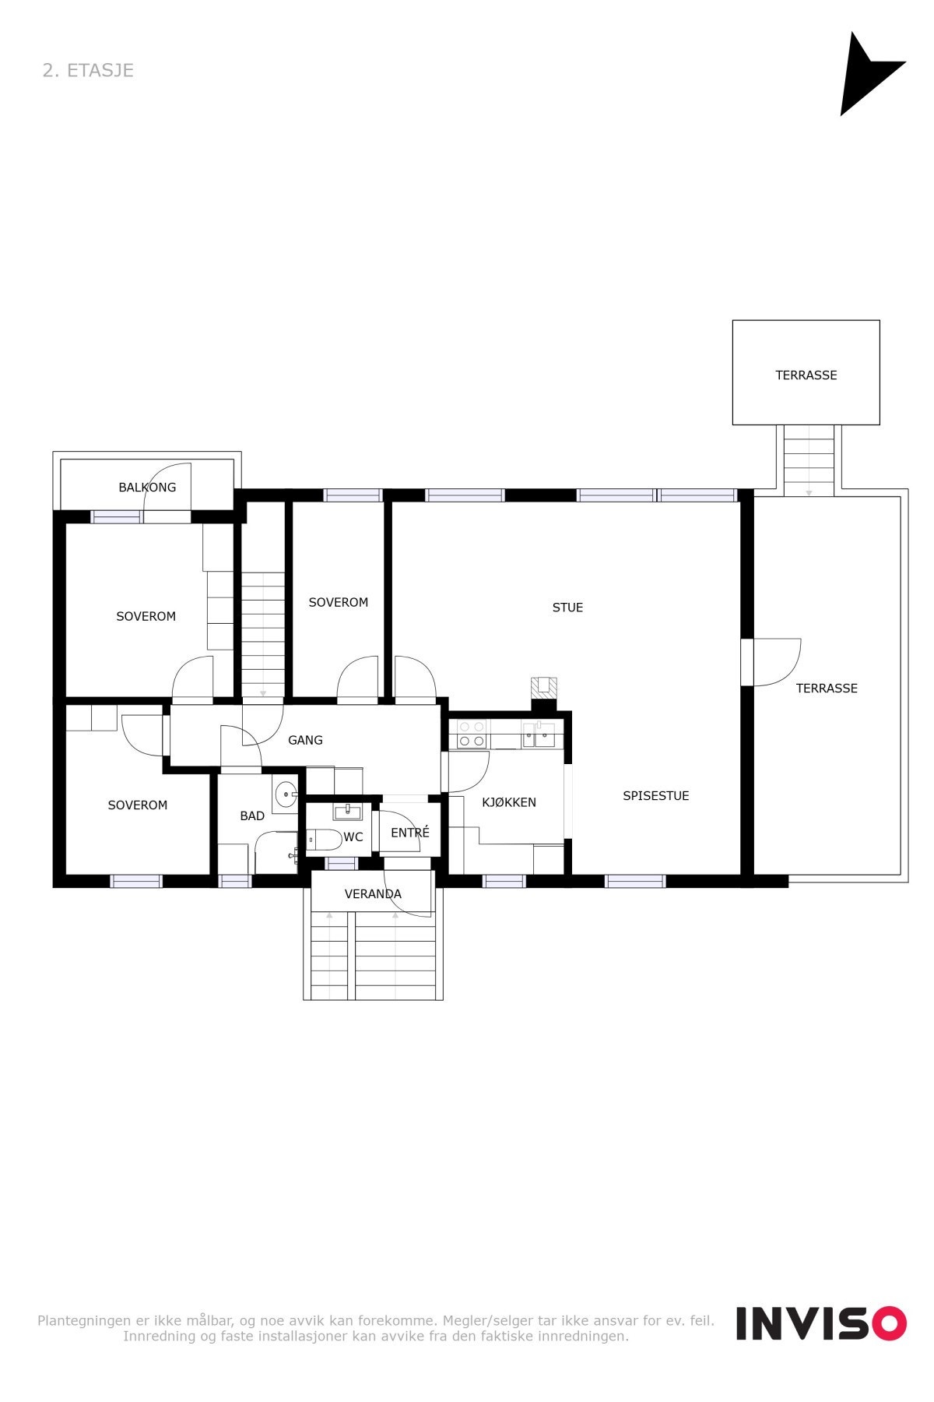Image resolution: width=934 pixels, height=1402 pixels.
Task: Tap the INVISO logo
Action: pyautogui.click(x=821, y=1323)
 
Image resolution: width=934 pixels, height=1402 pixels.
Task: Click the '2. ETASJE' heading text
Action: pyautogui.click(x=88, y=70)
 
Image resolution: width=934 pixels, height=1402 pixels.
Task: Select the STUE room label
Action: pyautogui.click(x=567, y=608)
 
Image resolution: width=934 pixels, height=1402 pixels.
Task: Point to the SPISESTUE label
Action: pyautogui.click(x=655, y=795)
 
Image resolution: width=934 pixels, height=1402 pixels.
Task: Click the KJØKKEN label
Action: pyautogui.click(x=509, y=802)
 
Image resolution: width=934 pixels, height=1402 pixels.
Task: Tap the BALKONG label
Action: pyautogui.click(x=147, y=488)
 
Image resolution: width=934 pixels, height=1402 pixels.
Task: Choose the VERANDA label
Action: pyautogui.click(x=373, y=894)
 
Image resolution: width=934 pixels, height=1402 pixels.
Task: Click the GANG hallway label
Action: pyautogui.click(x=305, y=740)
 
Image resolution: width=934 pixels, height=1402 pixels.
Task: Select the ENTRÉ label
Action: pyautogui.click(x=410, y=833)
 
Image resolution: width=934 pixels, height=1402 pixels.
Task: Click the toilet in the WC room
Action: pyautogui.click(x=323, y=840)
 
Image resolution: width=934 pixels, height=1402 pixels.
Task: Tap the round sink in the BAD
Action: pyautogui.click(x=286, y=795)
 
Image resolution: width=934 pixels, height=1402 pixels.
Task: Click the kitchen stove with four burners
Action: pyautogui.click(x=472, y=734)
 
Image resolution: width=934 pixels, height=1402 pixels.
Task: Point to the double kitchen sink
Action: pyautogui.click(x=539, y=734)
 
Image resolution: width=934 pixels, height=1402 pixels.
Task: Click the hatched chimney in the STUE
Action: pyautogui.click(x=544, y=689)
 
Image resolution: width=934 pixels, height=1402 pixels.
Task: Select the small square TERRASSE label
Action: pyautogui.click(x=806, y=375)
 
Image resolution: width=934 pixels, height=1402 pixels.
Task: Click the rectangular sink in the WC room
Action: pyautogui.click(x=347, y=812)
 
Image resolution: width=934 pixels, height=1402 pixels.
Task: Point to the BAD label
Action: pyautogui.click(x=252, y=815)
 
